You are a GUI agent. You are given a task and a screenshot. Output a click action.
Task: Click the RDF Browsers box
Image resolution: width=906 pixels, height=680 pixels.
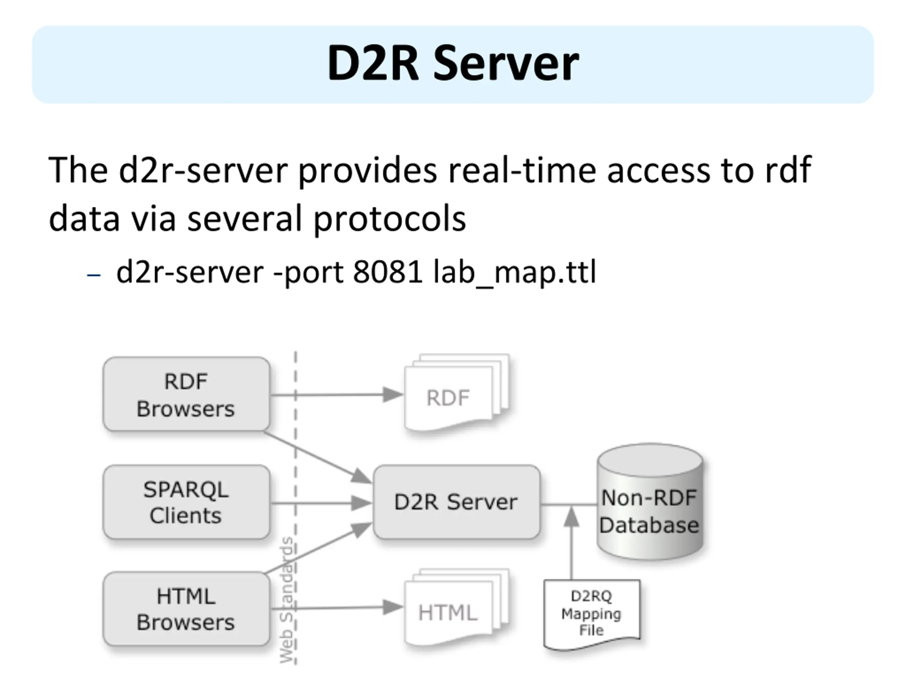click(x=187, y=394)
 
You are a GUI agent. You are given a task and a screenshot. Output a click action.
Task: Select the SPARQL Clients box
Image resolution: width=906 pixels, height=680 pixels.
click(x=187, y=502)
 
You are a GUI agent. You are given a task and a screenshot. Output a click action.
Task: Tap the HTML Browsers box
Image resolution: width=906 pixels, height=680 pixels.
click(x=187, y=609)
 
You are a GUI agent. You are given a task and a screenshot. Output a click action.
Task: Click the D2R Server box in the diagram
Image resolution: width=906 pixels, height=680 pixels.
click(x=456, y=502)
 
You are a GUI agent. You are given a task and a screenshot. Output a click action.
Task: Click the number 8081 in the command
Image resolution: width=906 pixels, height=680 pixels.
click(x=388, y=272)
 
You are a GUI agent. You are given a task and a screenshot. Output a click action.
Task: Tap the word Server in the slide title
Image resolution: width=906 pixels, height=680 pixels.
click(x=506, y=63)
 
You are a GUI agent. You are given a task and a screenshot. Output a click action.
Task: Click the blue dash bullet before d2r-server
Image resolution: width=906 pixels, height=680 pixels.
click(x=94, y=274)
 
